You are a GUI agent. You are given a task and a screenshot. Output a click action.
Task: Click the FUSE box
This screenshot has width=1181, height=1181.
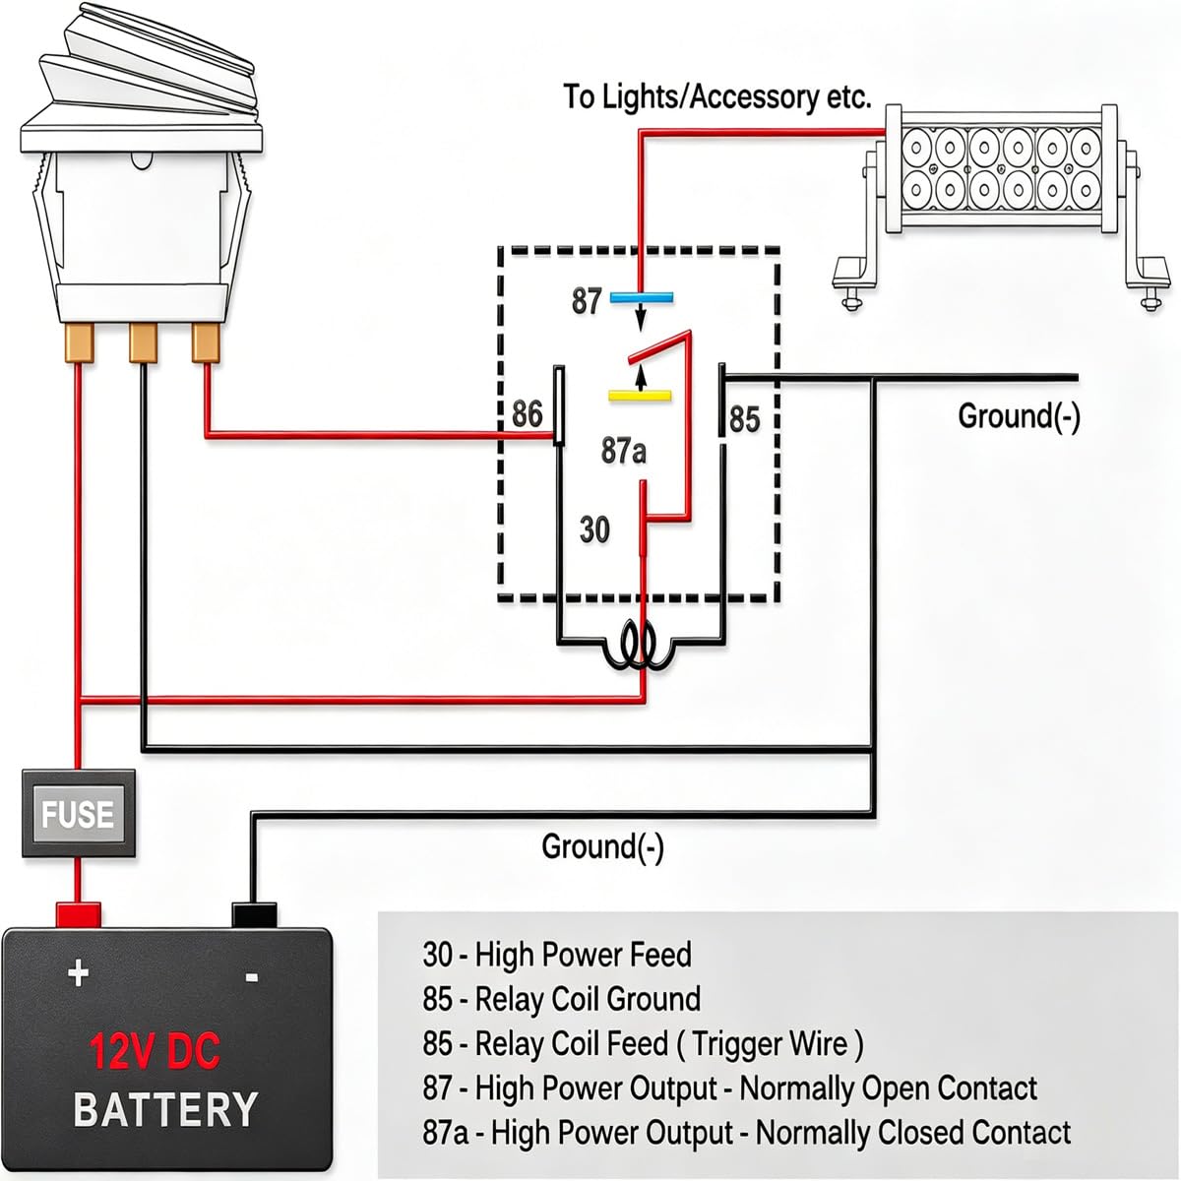pyautogui.click(x=79, y=813)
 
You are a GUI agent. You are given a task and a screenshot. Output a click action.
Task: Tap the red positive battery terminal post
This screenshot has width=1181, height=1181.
pyautogui.click(x=79, y=913)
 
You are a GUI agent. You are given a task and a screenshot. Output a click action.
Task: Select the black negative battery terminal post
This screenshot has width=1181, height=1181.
pyautogui.click(x=254, y=913)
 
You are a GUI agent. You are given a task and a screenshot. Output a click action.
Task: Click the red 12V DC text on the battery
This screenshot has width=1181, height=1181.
pyautogui.click(x=155, y=1050)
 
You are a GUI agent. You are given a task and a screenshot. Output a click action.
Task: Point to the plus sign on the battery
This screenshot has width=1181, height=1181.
pyautogui.click(x=78, y=972)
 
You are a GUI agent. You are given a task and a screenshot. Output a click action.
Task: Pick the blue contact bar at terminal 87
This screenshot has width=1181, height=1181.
pyautogui.click(x=641, y=298)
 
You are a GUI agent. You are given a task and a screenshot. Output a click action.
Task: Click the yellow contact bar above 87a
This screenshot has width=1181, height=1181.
pyautogui.click(x=640, y=396)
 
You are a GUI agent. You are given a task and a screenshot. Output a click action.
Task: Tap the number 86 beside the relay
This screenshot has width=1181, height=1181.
pyautogui.click(x=528, y=413)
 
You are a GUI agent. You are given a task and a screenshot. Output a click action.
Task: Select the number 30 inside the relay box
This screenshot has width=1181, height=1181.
pyautogui.click(x=594, y=529)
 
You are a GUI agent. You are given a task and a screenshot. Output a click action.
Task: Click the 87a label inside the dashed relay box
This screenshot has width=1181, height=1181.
pyautogui.click(x=623, y=451)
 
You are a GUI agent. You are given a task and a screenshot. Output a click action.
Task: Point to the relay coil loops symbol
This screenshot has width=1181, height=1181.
pyautogui.click(x=640, y=648)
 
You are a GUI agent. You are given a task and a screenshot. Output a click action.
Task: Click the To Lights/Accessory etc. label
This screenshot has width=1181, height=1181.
pyautogui.click(x=716, y=97)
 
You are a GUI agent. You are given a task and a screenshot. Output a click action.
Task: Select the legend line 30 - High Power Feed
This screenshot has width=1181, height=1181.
pyautogui.click(x=556, y=955)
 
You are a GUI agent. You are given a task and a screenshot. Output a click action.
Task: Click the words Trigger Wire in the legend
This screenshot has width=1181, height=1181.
pyautogui.click(x=770, y=1044)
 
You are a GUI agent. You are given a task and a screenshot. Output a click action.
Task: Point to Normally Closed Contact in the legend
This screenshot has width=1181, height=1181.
pyautogui.click(x=913, y=1133)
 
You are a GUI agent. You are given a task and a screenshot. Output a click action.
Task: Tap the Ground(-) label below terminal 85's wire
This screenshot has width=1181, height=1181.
pyautogui.click(x=1019, y=416)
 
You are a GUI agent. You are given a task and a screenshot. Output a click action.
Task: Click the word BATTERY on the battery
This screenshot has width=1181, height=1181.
pyautogui.click(x=165, y=1109)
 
